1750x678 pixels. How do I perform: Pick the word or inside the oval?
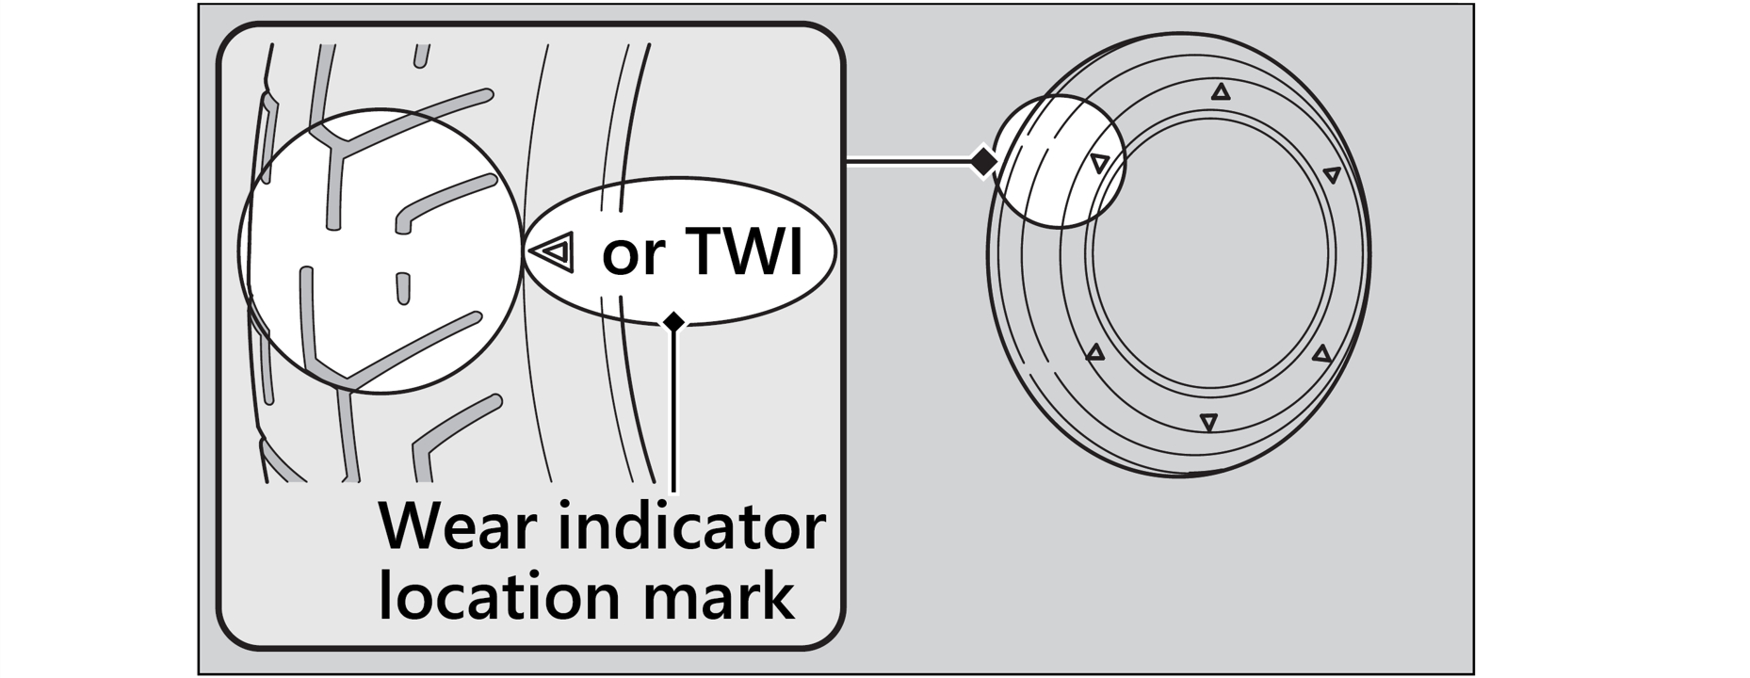[x=632, y=254]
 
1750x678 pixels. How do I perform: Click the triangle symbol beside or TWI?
[x=553, y=251]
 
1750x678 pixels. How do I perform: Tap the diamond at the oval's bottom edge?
[x=673, y=322]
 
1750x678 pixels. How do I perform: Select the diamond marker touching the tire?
[x=982, y=162]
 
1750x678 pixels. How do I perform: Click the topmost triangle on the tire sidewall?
[x=1221, y=92]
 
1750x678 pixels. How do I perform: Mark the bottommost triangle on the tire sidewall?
[x=1208, y=422]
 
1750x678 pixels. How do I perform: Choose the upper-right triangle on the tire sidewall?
[x=1332, y=174]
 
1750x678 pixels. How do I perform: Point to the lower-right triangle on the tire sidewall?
[x=1322, y=354]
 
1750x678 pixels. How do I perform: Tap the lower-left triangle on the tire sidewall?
[x=1094, y=353]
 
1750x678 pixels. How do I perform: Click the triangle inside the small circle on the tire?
[x=1099, y=163]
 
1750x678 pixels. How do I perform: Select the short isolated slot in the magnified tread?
[x=403, y=288]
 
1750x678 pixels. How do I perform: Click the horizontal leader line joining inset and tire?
[x=909, y=163]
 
